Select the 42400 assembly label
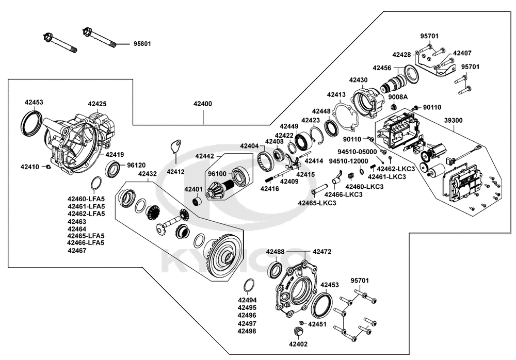pos(202,104)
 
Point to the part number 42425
pos(97,104)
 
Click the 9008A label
pos(398,97)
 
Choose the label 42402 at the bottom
pos(298,344)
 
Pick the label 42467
pos(77,251)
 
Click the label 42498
pos(247,331)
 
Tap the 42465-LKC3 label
pos(317,203)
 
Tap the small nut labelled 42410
pos(47,166)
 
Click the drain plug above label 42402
pos(298,331)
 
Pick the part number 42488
pos(275,252)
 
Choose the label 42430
pos(358,80)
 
